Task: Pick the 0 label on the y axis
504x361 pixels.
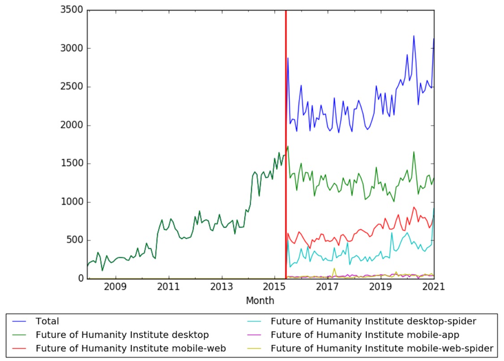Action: (81, 279)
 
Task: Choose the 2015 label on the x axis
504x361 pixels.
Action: (275, 287)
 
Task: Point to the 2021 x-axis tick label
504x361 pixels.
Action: (434, 287)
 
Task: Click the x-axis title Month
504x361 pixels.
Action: (260, 301)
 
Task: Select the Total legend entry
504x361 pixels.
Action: (47, 321)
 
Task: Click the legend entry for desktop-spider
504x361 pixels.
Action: (373, 321)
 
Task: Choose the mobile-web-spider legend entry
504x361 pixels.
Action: (382, 348)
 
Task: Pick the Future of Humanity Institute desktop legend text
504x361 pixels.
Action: (122, 335)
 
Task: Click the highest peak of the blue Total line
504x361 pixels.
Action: (414, 36)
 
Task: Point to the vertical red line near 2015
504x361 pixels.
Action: (286, 134)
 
